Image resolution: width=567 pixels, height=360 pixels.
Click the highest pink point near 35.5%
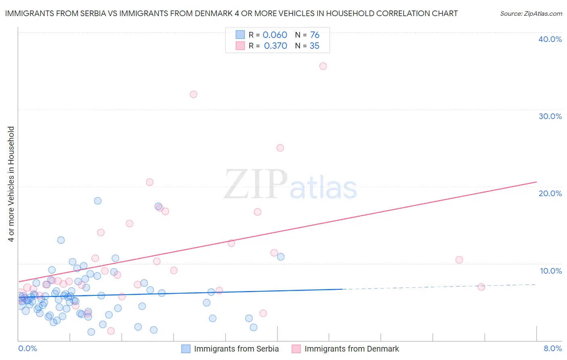click(x=323, y=66)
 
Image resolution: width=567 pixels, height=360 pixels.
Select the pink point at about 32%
click(x=194, y=94)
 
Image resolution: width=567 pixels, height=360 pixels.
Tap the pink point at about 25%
click(x=280, y=148)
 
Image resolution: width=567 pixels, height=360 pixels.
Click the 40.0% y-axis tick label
click(x=550, y=39)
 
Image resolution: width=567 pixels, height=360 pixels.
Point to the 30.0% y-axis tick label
click(x=550, y=116)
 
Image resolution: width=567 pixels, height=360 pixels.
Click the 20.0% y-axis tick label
click(x=550, y=193)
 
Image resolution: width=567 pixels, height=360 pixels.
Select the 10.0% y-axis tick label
click(x=551, y=271)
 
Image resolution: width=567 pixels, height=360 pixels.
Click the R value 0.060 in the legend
click(x=275, y=35)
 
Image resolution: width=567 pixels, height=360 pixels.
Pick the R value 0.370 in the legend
click(x=275, y=46)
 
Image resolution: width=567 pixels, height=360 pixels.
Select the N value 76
click(x=315, y=35)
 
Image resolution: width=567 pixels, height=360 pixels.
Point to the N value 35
click(x=315, y=46)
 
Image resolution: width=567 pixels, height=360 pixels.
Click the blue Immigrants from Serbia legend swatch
click(x=186, y=349)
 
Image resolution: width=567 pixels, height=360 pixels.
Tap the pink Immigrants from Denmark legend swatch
click(x=296, y=349)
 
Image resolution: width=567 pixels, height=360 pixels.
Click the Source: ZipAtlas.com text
click(x=531, y=14)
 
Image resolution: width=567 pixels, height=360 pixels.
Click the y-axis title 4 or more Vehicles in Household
click(x=11, y=184)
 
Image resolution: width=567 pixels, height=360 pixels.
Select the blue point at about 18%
click(x=98, y=201)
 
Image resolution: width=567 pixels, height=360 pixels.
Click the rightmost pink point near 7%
click(x=481, y=287)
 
